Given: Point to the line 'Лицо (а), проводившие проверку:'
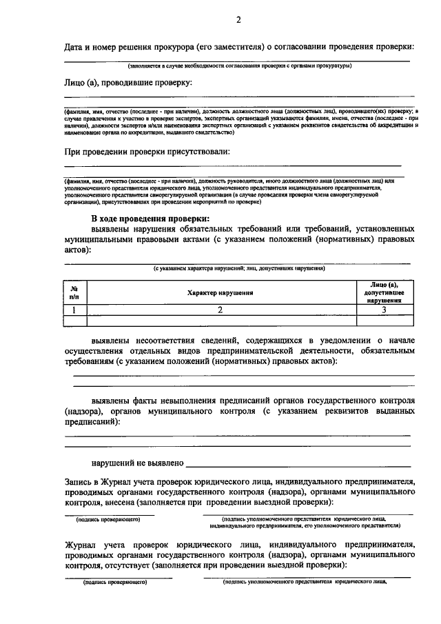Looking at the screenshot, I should click(127, 83).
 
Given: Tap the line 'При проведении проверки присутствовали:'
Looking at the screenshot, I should click(147, 150).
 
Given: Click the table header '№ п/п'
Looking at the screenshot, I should click(74, 292).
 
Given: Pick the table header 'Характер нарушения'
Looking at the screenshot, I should click(219, 292).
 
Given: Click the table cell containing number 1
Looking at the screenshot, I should click(74, 310).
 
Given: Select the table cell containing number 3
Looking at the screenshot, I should click(384, 310).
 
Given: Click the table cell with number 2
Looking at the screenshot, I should click(220, 310).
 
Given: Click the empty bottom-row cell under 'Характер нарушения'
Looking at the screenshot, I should click(220, 321).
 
